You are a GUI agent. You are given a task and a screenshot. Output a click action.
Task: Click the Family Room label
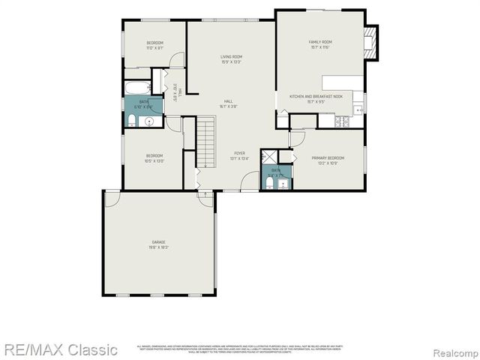(x=319, y=42)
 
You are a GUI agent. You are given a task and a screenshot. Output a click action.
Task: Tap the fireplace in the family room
(x=369, y=43)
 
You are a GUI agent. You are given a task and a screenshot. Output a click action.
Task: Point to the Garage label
(x=159, y=242)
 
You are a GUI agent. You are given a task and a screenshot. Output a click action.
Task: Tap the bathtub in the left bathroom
(x=139, y=88)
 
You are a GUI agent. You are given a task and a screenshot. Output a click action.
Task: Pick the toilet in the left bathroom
(x=131, y=121)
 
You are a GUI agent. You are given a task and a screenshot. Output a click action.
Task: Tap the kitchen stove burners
(x=343, y=121)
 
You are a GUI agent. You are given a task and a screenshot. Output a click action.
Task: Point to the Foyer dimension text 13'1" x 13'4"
(x=239, y=158)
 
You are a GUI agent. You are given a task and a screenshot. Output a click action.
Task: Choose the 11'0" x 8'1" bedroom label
(x=155, y=49)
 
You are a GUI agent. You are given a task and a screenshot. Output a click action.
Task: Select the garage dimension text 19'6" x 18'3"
(x=159, y=247)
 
